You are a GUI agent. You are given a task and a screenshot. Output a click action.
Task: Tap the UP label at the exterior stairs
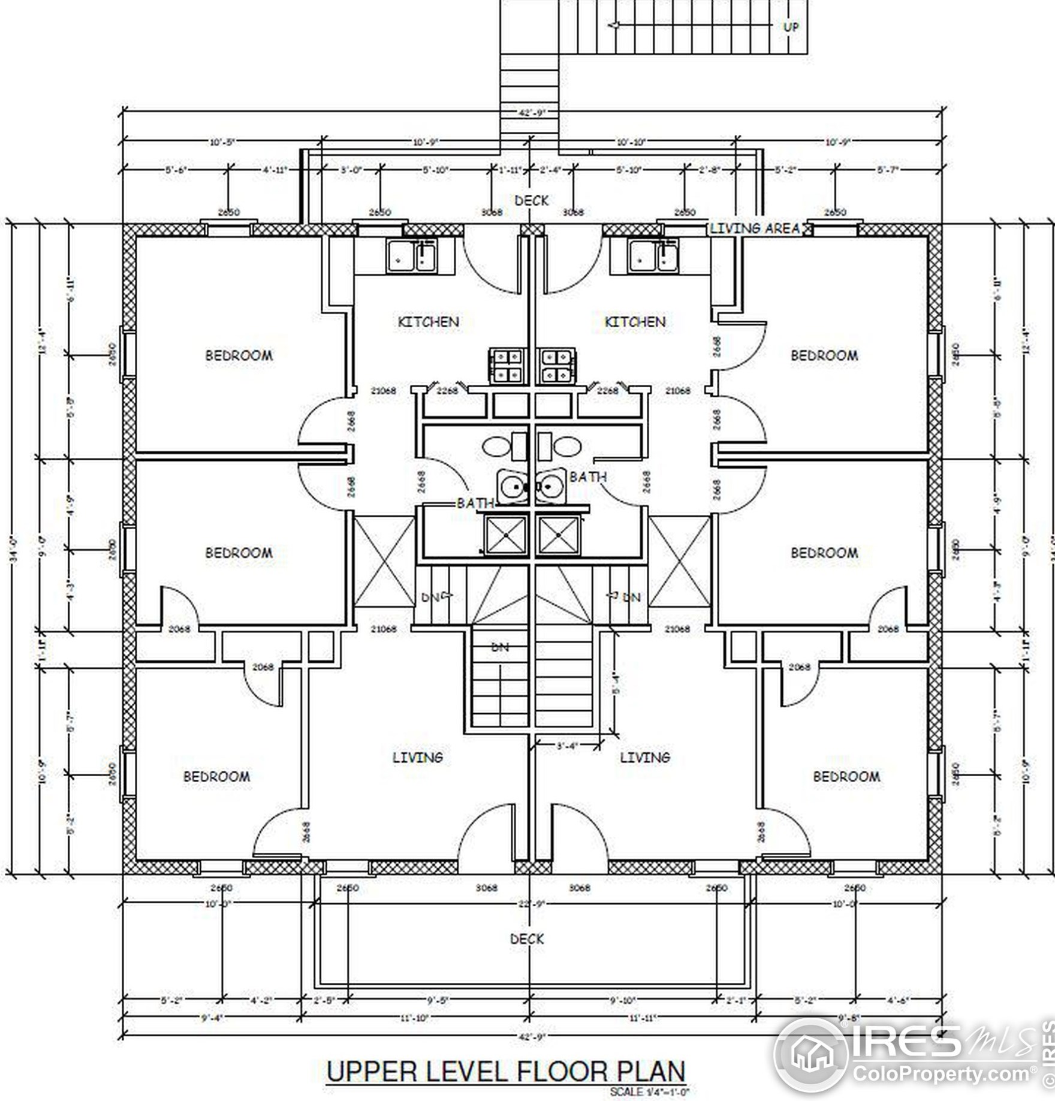click(791, 27)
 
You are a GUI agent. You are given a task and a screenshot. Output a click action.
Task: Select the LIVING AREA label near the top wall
click(755, 228)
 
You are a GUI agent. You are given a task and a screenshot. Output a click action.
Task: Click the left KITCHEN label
click(429, 322)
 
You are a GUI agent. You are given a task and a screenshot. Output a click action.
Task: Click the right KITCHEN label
click(635, 322)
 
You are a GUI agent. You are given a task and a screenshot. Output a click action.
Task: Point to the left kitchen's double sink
click(413, 255)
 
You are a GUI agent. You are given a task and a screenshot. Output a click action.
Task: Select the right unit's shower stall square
click(559, 535)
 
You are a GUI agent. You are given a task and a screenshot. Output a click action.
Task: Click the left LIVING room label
click(418, 758)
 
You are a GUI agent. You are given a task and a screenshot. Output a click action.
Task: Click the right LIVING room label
click(645, 758)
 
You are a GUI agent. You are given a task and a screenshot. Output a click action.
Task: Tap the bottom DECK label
click(527, 939)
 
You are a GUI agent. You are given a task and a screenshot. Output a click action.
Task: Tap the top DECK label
click(531, 201)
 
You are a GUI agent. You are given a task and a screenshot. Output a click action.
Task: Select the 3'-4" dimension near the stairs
click(566, 747)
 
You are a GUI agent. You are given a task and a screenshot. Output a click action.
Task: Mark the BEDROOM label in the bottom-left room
click(216, 777)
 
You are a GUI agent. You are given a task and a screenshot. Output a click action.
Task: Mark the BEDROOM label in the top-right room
click(824, 355)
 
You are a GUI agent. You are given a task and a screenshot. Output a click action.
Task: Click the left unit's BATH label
click(475, 503)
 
